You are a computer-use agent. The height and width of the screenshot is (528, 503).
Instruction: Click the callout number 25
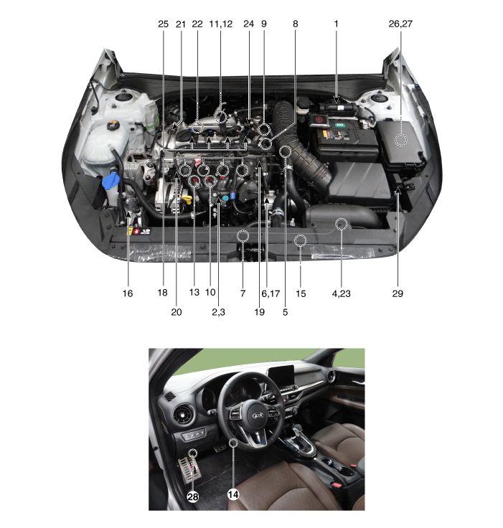(163, 24)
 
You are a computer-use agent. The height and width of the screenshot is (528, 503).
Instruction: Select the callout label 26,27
(400, 24)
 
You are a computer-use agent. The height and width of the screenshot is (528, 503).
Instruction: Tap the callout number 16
(127, 293)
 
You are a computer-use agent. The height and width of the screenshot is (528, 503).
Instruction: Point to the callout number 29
(398, 293)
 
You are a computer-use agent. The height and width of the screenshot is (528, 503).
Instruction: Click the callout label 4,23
(342, 293)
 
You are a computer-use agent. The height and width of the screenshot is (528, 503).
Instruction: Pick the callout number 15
(301, 293)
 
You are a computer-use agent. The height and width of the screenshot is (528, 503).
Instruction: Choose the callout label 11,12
(221, 24)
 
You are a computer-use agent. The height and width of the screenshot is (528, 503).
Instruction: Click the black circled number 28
(193, 496)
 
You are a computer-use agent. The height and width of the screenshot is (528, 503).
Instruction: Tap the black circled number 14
(233, 494)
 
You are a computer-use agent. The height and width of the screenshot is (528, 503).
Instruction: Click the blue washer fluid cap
(111, 181)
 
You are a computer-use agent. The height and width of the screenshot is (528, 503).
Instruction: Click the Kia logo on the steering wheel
(258, 415)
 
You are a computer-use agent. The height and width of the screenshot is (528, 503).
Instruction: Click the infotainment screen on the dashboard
(281, 376)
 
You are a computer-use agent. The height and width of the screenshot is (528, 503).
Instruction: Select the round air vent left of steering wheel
(184, 413)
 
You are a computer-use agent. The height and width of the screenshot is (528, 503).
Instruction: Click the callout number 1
(336, 24)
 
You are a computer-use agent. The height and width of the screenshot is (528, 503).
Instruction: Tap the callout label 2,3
(218, 312)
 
